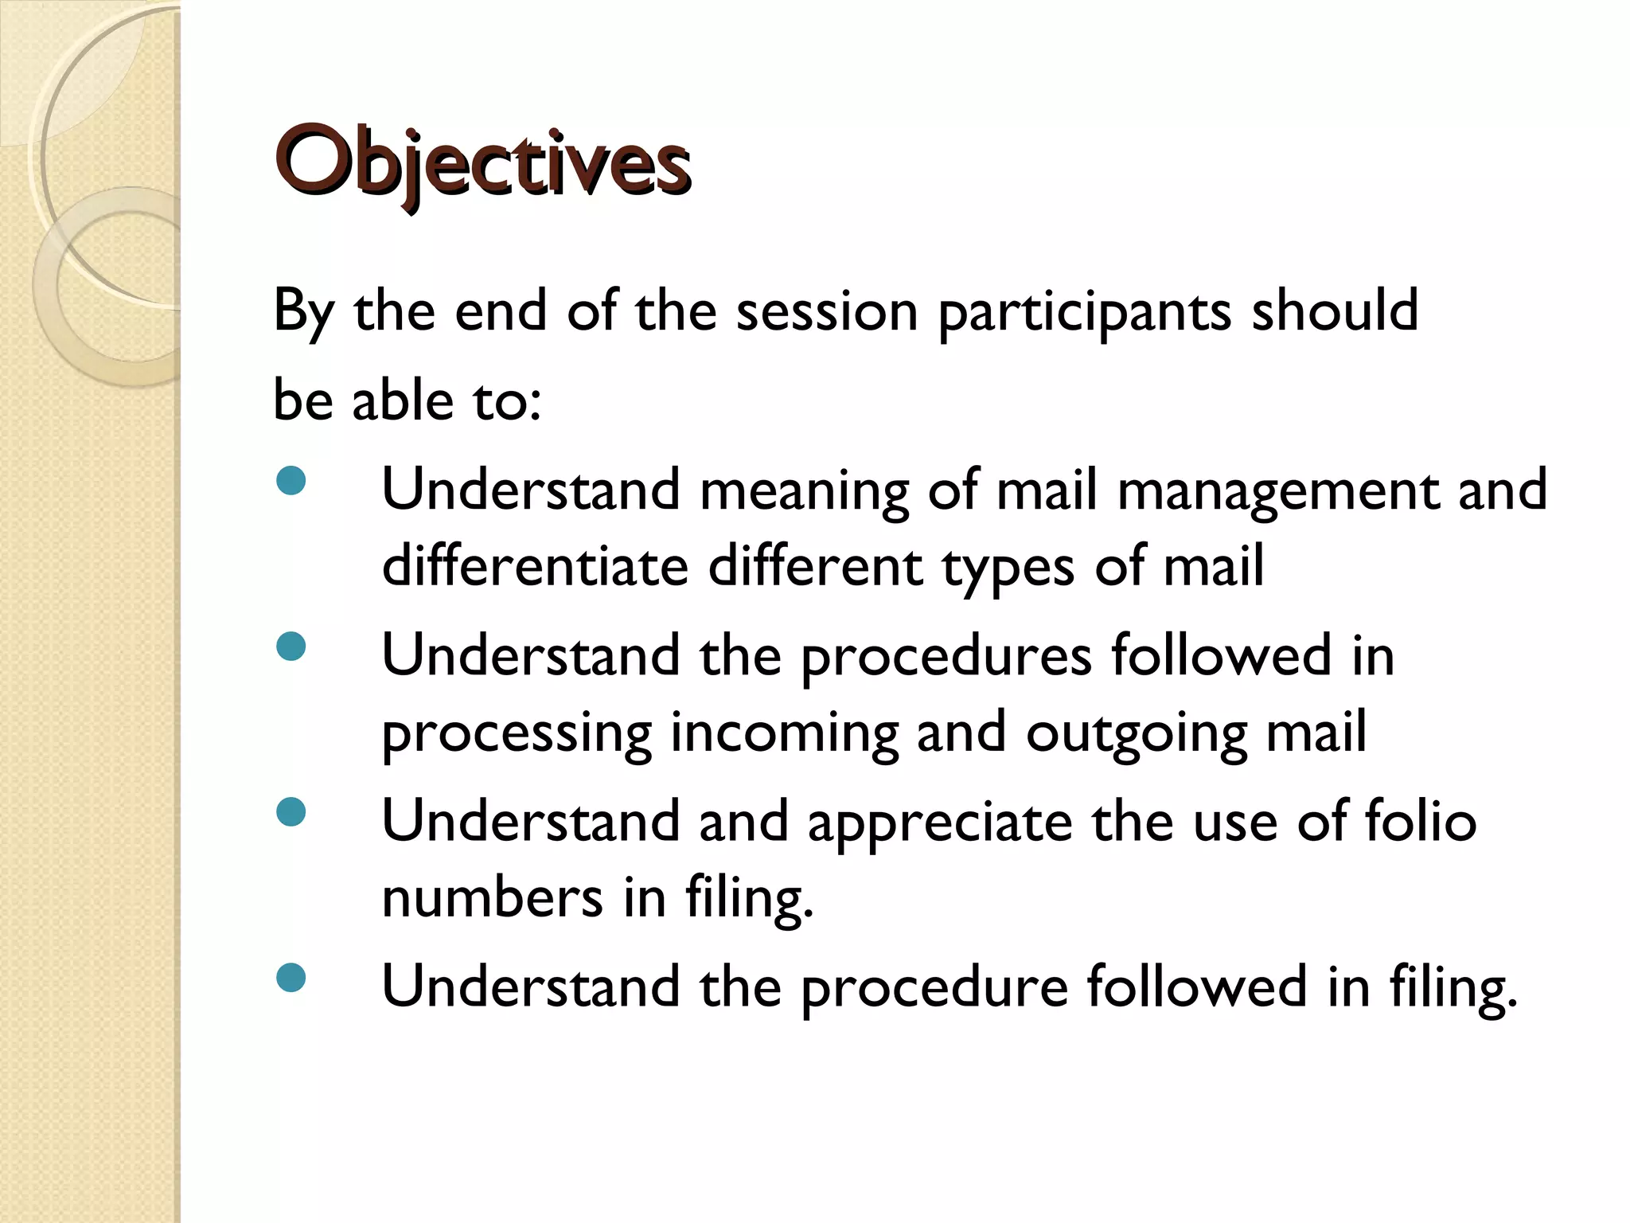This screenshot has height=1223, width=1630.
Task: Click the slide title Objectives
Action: click(482, 162)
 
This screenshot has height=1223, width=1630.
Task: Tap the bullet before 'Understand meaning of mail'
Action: click(291, 480)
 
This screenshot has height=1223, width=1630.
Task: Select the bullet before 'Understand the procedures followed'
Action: click(291, 646)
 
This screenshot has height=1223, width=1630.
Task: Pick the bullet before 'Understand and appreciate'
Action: click(291, 812)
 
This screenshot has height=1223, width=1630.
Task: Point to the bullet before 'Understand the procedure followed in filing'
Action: click(291, 978)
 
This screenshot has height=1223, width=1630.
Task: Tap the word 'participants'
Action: click(1085, 312)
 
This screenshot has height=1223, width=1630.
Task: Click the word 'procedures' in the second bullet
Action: click(946, 658)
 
